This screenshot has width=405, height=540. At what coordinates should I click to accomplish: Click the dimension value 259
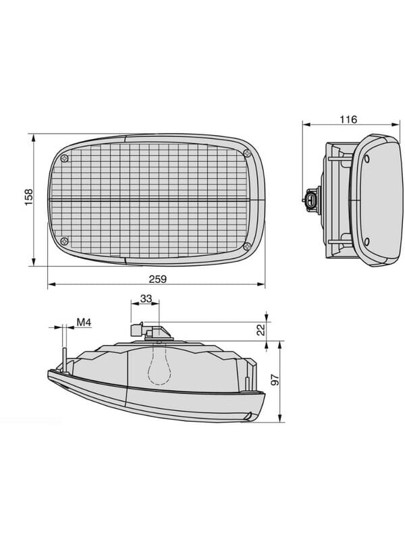pos(157,279)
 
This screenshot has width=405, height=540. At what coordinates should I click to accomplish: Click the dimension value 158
pos(28,197)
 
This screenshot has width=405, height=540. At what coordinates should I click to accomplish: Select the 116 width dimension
pos(348,119)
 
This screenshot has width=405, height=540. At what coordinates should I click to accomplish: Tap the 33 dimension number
pos(146,298)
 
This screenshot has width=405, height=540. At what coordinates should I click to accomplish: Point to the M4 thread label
pos(84,323)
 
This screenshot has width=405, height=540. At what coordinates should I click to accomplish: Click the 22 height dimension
pos(262,329)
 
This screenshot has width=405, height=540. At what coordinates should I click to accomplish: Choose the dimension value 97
pos(275,379)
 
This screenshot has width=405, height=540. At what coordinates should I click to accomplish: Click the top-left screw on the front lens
pos(64,159)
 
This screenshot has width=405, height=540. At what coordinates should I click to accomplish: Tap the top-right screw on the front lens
pos(246,153)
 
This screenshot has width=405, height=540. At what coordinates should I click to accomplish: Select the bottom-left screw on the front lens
pos(64,241)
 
